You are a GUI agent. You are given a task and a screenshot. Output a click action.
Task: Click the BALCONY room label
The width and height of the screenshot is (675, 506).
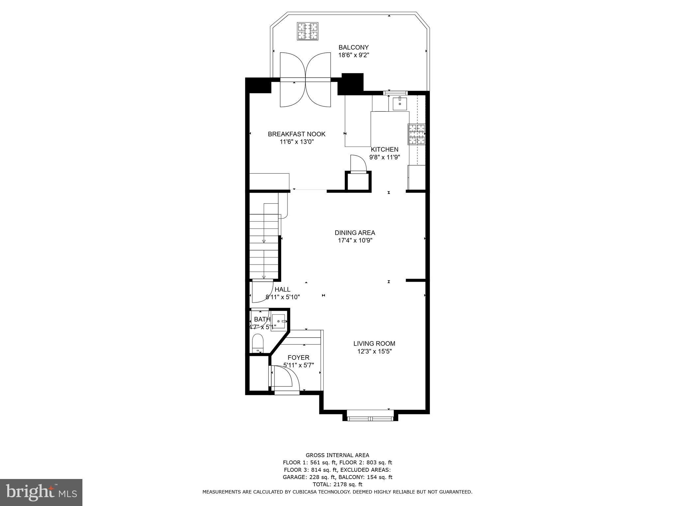(x=353, y=47)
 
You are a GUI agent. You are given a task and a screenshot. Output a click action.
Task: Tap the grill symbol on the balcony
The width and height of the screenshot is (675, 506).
(x=308, y=31)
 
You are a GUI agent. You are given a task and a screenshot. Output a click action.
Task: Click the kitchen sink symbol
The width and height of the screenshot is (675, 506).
(x=399, y=103)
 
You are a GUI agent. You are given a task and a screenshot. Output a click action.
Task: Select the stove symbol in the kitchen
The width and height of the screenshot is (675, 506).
(x=417, y=134)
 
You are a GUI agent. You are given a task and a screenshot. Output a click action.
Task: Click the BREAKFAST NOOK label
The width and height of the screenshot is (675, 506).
(x=296, y=134)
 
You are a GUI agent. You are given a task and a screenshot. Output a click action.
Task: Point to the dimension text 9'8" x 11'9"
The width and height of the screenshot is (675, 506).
(x=384, y=157)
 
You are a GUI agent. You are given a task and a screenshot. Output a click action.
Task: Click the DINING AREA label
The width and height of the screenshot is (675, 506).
(x=355, y=233)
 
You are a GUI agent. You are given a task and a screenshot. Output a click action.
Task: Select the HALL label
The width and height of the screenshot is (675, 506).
(x=282, y=290)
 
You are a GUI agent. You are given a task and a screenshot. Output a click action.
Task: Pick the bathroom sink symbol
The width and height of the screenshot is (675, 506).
(x=279, y=321)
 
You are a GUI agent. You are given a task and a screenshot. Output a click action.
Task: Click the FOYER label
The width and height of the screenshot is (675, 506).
(x=298, y=357)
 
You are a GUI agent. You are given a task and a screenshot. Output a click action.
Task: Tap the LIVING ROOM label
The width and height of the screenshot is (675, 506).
(x=374, y=344)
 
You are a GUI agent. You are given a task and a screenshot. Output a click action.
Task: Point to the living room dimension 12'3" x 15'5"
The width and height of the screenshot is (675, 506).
(x=374, y=351)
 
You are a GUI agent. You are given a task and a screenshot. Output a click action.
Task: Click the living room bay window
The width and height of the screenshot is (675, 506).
(x=370, y=419)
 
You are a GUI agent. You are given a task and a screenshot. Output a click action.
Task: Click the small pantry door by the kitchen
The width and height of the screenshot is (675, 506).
(x=358, y=163)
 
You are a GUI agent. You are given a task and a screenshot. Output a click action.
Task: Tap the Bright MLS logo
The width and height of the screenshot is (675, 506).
(x=41, y=492)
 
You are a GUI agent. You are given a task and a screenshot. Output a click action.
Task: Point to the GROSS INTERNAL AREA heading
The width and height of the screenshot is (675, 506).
(x=337, y=455)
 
